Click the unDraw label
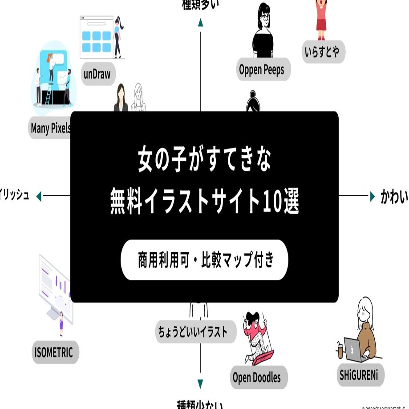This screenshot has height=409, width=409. [x=97, y=73]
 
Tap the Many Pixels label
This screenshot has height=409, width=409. [x=50, y=129]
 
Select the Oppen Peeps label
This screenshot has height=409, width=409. [x=261, y=69]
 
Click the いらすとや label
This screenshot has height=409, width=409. [x=322, y=52]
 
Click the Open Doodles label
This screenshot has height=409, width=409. [x=257, y=378]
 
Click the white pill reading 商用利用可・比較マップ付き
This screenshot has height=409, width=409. [x=204, y=260]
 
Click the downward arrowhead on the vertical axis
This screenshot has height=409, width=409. [x=201, y=384]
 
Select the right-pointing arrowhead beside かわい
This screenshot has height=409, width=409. [x=372, y=196]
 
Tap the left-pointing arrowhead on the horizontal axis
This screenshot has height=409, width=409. [x=39, y=196]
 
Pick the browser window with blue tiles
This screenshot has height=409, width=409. [x=96, y=37]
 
